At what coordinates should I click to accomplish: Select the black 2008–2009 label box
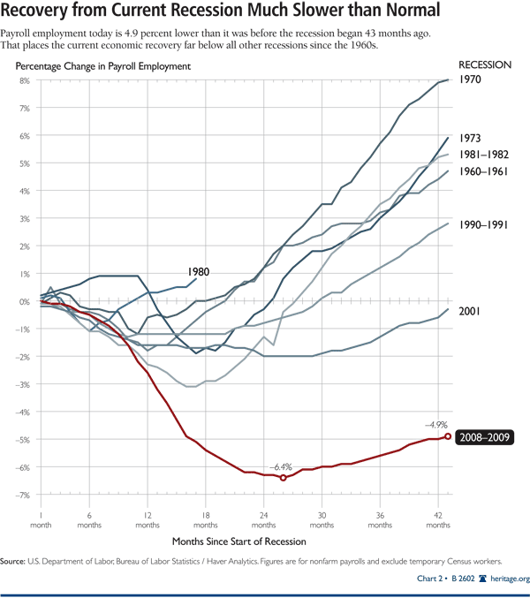pyautogui.click(x=486, y=437)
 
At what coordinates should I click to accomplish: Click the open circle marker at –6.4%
pyautogui.click(x=283, y=478)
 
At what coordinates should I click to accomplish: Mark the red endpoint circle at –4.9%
pyautogui.click(x=448, y=436)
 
